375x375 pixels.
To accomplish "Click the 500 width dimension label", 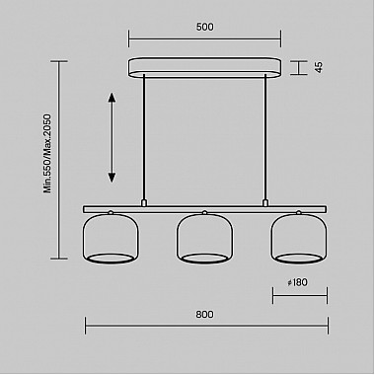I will click(203, 28).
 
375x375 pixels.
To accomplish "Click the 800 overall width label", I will click(204, 315).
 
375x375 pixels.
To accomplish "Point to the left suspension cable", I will click(145, 138).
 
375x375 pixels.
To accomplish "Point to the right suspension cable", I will click(264, 138).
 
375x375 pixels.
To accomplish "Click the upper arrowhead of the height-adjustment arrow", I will click(112, 97).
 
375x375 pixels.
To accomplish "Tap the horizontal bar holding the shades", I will click(204, 207).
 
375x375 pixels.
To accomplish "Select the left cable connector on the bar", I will click(145, 202).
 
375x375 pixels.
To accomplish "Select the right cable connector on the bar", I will click(264, 202).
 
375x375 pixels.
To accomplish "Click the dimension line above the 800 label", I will click(204, 329).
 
